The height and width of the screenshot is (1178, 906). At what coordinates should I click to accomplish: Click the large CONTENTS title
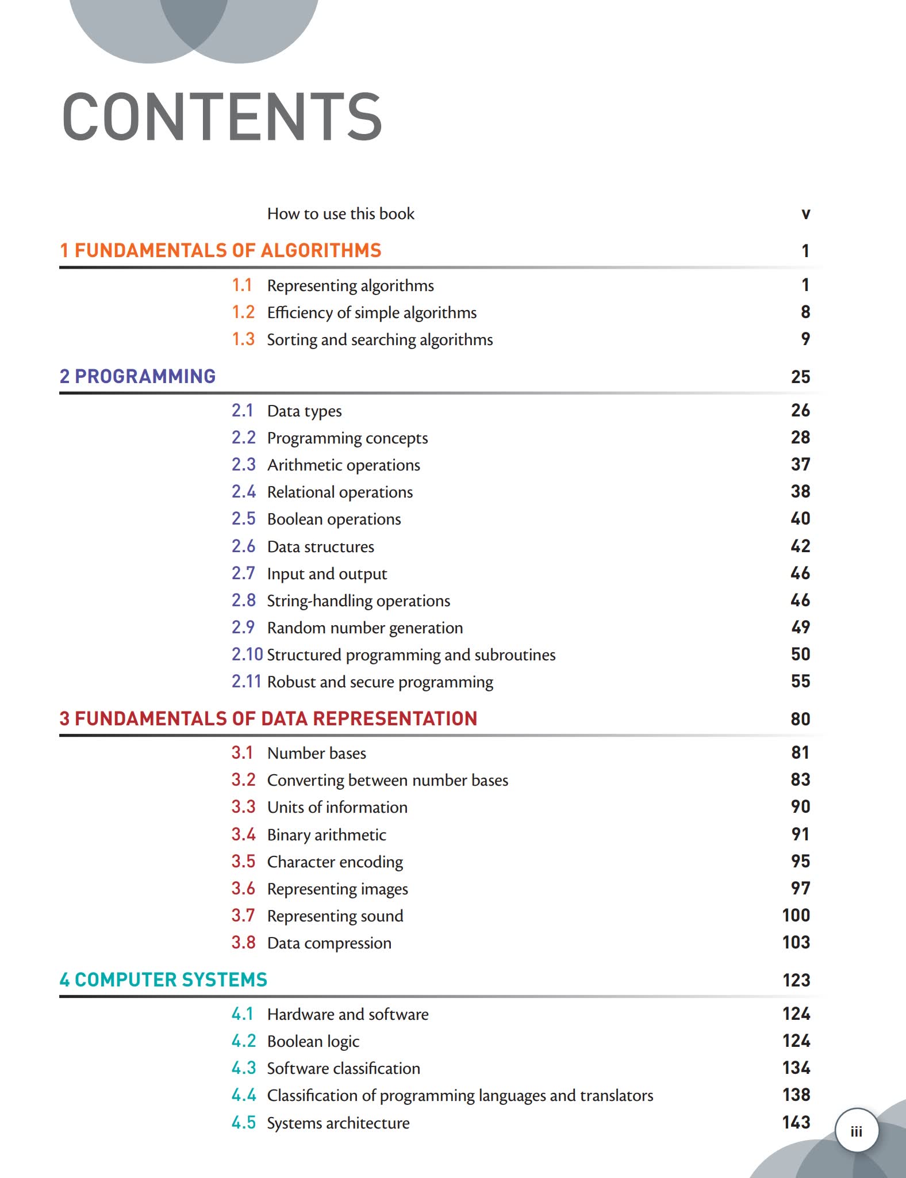click(222, 117)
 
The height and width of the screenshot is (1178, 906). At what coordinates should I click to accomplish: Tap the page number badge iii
click(857, 1131)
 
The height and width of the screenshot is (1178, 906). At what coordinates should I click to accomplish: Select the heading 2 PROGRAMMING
click(137, 376)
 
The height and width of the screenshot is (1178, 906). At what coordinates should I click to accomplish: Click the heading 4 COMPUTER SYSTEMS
click(163, 980)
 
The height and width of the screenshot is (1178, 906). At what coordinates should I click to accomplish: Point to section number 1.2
click(243, 312)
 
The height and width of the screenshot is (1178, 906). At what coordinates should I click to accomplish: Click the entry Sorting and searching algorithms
click(379, 340)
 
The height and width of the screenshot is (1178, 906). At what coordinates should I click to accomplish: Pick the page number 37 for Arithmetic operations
click(800, 464)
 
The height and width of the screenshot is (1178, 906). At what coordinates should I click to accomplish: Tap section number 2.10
click(247, 655)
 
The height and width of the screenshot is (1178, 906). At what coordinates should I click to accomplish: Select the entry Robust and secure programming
click(379, 682)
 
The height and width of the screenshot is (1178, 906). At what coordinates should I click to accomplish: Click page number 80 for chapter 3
click(800, 719)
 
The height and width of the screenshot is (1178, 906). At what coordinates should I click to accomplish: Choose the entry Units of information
click(337, 808)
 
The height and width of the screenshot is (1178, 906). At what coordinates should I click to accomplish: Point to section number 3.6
click(243, 889)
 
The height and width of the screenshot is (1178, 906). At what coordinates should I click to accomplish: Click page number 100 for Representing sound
click(796, 915)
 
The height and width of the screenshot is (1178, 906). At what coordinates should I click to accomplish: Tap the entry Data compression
click(329, 943)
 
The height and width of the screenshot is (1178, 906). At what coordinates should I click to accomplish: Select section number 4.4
click(243, 1095)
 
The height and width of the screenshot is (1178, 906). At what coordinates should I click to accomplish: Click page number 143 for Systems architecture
click(796, 1122)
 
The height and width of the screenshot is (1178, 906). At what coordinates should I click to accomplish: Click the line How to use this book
click(340, 214)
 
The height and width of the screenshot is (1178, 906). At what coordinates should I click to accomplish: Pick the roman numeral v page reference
click(805, 214)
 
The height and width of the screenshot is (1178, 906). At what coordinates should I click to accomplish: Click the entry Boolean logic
click(313, 1042)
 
